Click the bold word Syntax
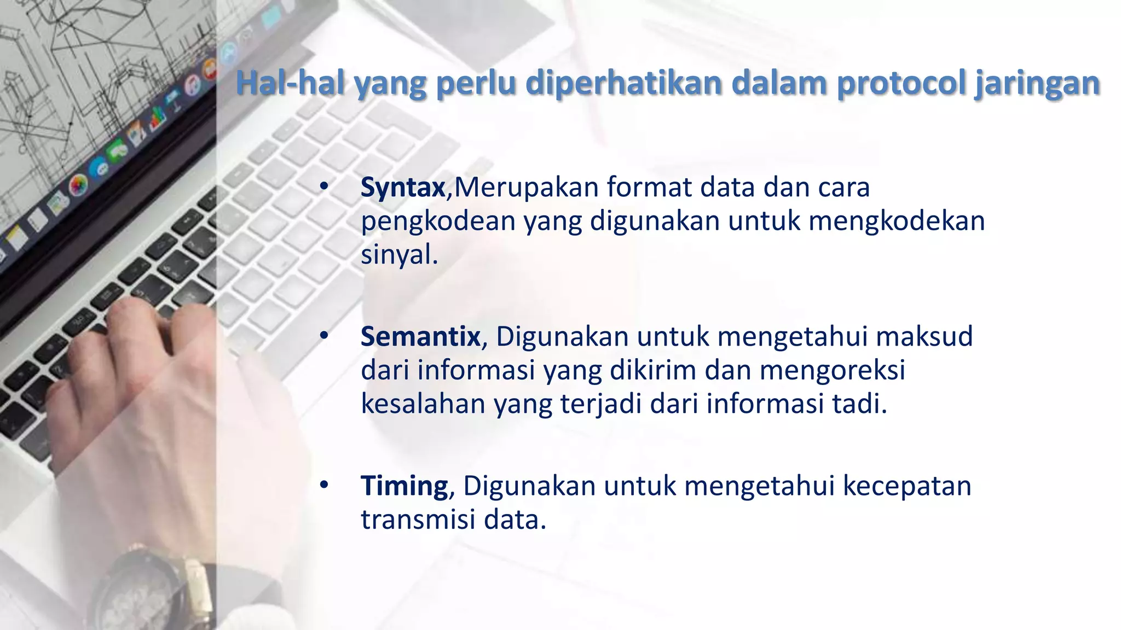pos(403,188)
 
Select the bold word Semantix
pos(420,336)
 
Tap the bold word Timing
pos(404,486)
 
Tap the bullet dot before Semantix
pos(324,336)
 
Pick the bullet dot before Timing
pos(324,485)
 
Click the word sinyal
pos(398,255)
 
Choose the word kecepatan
pos(906,486)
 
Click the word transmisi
pos(418,520)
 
